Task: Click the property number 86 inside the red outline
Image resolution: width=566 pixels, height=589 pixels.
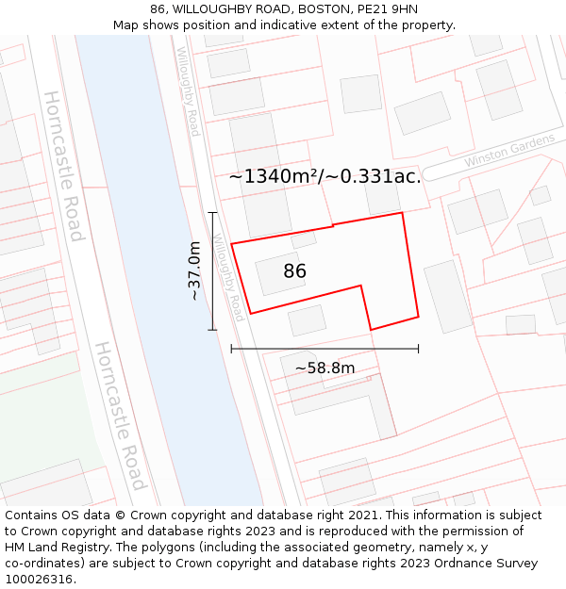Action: (294, 271)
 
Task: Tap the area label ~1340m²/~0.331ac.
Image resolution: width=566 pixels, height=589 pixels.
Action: (325, 176)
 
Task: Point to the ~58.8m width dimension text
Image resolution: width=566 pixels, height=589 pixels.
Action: (325, 368)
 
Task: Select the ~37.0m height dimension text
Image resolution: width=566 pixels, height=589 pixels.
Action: (194, 270)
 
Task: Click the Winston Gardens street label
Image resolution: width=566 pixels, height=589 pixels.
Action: (509, 154)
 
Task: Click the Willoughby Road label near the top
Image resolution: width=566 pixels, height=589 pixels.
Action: (188, 91)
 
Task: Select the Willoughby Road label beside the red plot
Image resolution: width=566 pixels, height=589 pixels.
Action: (229, 277)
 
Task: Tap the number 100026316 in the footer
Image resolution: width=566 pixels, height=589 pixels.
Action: (39, 579)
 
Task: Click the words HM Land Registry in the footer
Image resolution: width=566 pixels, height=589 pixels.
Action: (56, 548)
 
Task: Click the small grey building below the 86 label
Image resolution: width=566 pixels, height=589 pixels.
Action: (307, 320)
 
